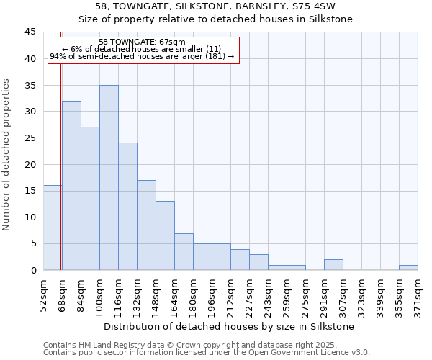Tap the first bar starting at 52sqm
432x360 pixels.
pos(52,228)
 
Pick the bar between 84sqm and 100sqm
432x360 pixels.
pos(90,199)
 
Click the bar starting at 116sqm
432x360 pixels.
pos(127,207)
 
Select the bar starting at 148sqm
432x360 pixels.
pos(165,235)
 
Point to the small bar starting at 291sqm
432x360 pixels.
pos(333,265)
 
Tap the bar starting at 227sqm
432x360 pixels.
pos(258,262)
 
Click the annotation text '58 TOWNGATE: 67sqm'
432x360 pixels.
pos(142,42)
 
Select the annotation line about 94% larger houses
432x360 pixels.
pos(142,56)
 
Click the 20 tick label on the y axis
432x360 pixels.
pos(30,164)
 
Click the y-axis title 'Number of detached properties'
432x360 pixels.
pos(7,155)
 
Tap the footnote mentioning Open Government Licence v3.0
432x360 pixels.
pos(207,353)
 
